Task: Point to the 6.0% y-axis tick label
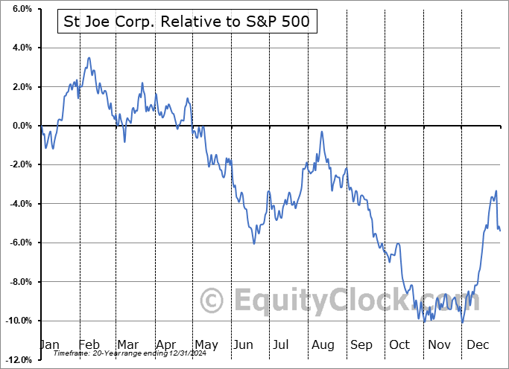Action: click(x=20, y=9)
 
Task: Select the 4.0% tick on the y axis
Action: click(x=20, y=48)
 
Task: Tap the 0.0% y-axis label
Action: click(x=20, y=126)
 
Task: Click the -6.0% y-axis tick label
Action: click(x=19, y=243)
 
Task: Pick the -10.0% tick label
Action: click(x=17, y=321)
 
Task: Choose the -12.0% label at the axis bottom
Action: click(x=17, y=360)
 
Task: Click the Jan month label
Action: click(x=49, y=345)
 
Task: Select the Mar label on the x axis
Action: click(x=127, y=345)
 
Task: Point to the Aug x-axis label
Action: click(x=322, y=345)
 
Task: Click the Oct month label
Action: click(x=399, y=345)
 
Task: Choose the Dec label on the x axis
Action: click(x=477, y=345)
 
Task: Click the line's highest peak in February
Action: click(x=89, y=58)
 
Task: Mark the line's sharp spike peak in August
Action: click(x=322, y=132)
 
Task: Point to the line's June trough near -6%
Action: click(x=254, y=243)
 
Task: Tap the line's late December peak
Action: click(x=496, y=191)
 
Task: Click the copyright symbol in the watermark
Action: click(x=212, y=301)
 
